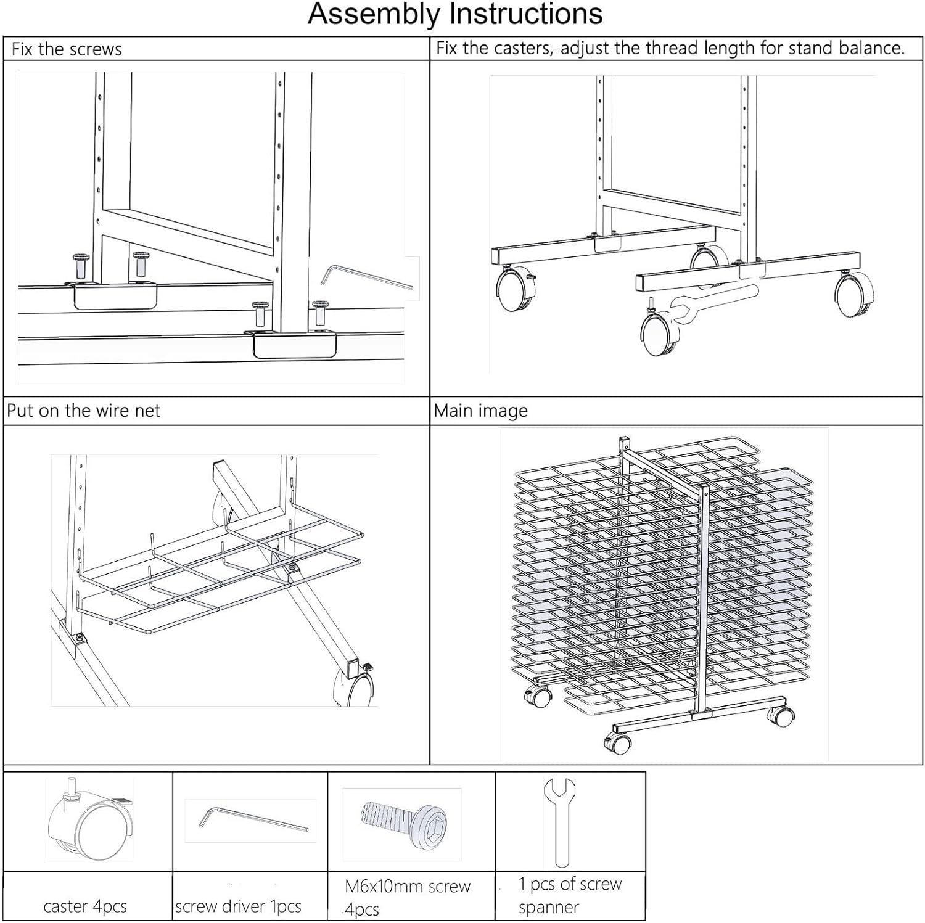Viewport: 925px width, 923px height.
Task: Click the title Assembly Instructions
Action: tap(455, 14)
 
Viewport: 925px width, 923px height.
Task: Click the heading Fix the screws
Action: tap(67, 49)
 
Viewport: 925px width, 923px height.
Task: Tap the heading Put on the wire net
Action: tap(83, 411)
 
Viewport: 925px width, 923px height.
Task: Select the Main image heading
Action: tap(480, 411)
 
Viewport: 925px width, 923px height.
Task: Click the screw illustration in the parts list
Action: tap(404, 820)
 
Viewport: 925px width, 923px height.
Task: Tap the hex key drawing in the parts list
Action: tap(253, 819)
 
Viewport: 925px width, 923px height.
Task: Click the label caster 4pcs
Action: tap(85, 906)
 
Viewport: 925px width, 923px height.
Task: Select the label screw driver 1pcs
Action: tap(238, 906)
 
